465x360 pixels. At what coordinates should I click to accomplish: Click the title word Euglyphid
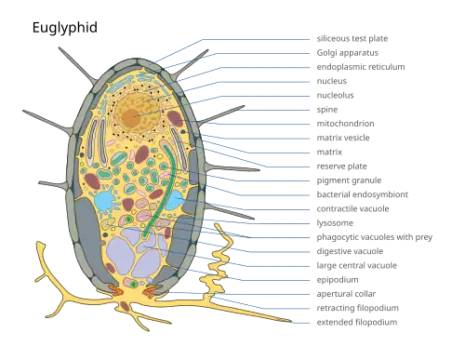65,28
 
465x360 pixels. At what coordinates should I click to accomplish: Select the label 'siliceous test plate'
352,39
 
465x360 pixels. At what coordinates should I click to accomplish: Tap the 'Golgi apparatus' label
348,53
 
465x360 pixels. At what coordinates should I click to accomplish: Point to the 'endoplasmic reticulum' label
361,67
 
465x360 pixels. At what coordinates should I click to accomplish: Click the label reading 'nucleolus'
335,95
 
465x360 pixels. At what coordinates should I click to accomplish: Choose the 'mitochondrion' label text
345,124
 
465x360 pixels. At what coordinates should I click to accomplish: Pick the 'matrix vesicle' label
343,138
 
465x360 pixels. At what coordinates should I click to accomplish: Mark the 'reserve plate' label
341,167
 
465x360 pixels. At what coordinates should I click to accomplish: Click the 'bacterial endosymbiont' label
363,194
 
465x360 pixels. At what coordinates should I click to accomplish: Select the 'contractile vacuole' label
352,209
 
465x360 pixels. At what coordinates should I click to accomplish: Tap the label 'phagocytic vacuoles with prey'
375,237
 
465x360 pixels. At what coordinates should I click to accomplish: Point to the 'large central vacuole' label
357,266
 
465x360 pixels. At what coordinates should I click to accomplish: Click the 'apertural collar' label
346,294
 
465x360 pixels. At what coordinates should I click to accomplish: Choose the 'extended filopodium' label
357,323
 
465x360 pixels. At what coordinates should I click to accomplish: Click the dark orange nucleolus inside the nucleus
130,117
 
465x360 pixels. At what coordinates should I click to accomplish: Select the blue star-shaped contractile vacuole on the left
104,201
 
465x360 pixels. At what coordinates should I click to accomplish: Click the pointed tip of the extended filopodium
291,322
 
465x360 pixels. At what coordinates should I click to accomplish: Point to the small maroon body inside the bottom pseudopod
125,306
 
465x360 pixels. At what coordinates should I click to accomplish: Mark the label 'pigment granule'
349,180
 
